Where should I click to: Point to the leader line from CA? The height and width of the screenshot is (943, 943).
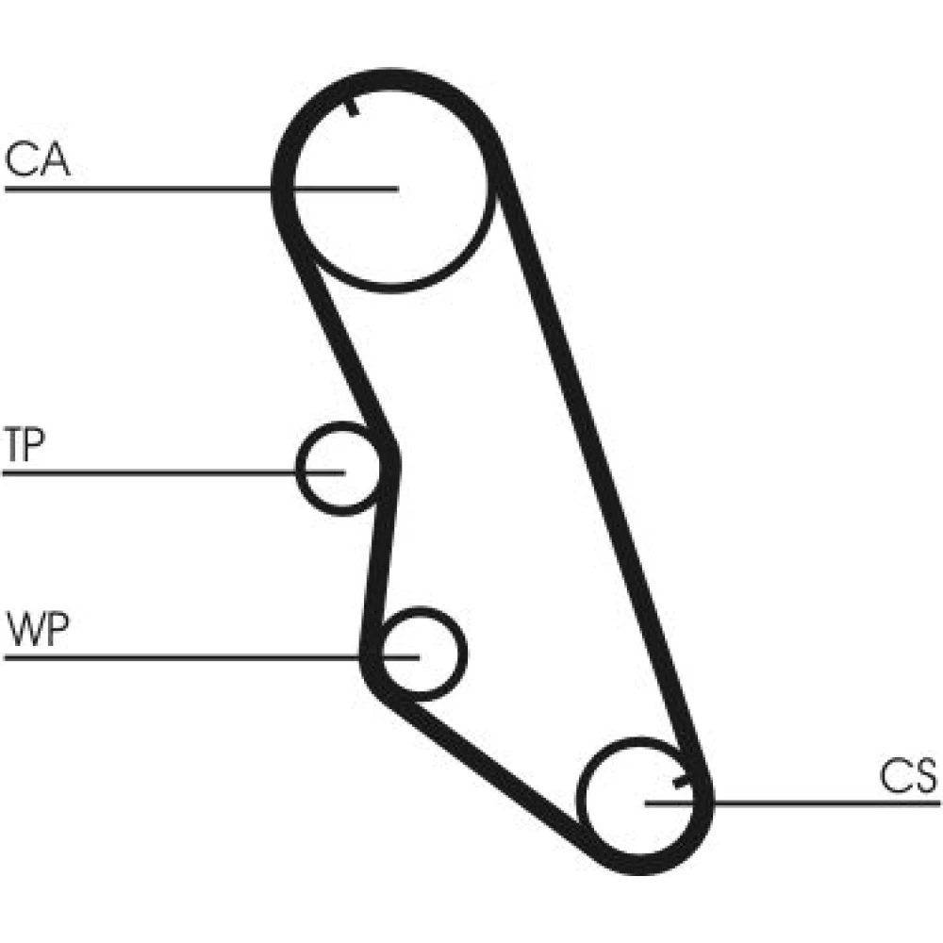141,190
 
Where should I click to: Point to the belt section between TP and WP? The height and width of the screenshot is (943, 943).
381,556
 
